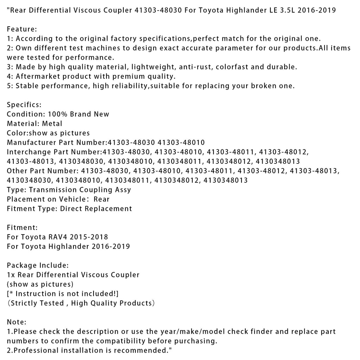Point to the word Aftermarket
point(37,76)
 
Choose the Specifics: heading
point(24,104)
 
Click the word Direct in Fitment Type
point(71,208)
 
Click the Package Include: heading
point(38,265)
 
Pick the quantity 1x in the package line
point(11,275)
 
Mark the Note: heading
point(17,322)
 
